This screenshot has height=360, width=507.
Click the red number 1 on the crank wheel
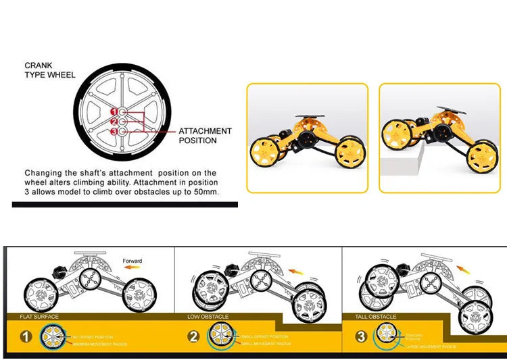coord(114,111)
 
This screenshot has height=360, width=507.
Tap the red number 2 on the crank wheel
coord(114,121)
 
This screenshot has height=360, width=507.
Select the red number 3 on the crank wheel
coord(114,131)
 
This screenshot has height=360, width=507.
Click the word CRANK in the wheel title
coord(38,66)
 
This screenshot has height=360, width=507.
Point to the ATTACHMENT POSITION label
coord(205,136)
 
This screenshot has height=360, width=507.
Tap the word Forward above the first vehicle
coord(133,261)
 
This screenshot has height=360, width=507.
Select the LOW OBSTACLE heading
coord(208,316)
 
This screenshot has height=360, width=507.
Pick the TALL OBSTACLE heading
coord(376,316)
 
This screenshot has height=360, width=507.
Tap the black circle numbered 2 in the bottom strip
coord(194,336)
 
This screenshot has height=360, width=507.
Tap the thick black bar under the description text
coord(125,204)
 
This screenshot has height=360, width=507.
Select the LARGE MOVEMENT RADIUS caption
coord(433,346)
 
